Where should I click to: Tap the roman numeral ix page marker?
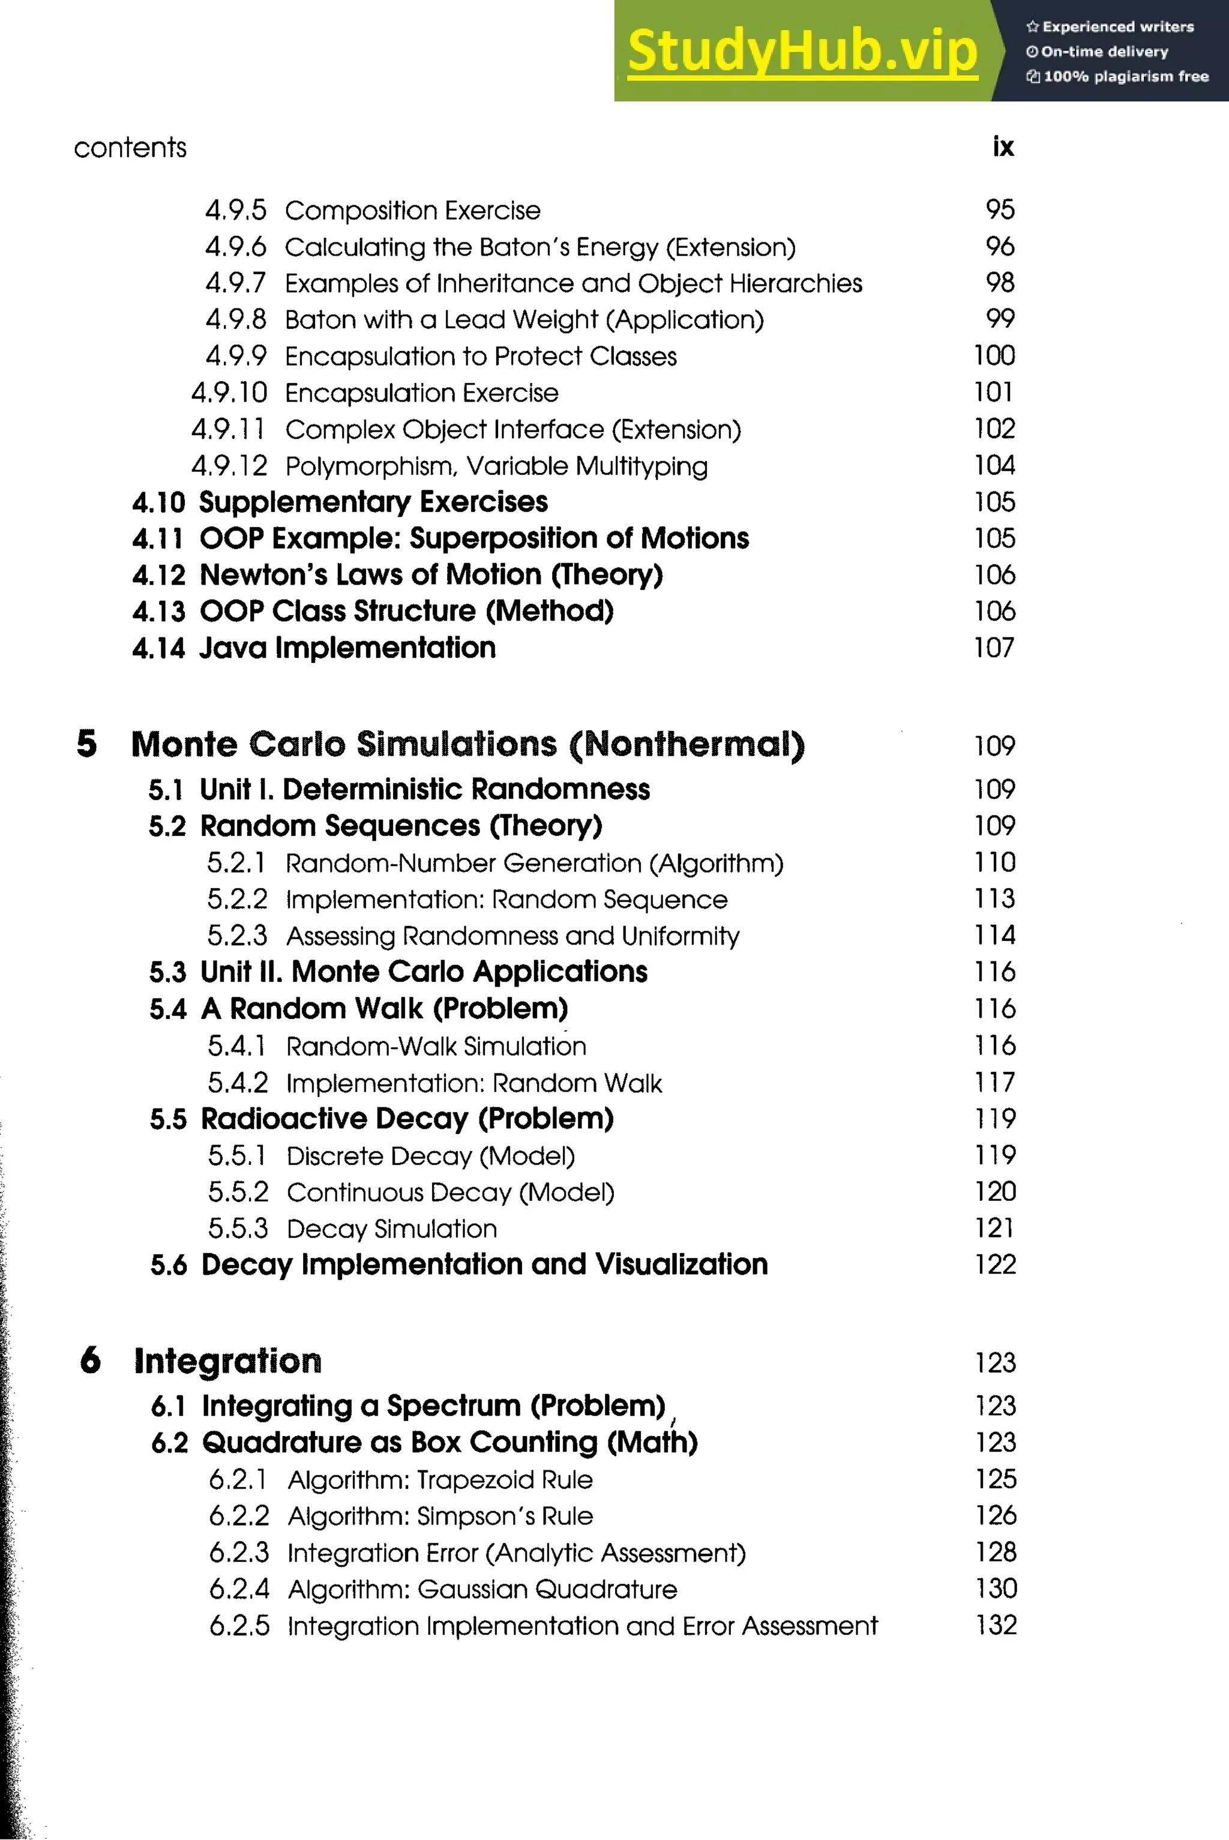click(1003, 146)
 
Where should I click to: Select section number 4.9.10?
click(229, 392)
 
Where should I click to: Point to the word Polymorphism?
click(368, 466)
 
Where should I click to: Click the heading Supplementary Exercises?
click(373, 502)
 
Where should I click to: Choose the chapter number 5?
click(87, 744)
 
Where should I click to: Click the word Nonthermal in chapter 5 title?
click(687, 745)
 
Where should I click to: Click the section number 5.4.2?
click(238, 1083)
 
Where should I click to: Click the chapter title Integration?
click(227, 1361)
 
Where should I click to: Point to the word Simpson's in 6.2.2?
click(476, 1517)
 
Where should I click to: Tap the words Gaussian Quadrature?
click(547, 1589)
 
